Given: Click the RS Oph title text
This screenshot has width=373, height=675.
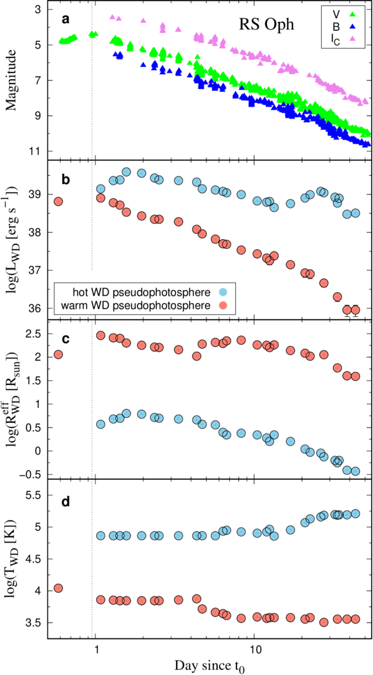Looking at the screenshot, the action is (266, 25).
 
